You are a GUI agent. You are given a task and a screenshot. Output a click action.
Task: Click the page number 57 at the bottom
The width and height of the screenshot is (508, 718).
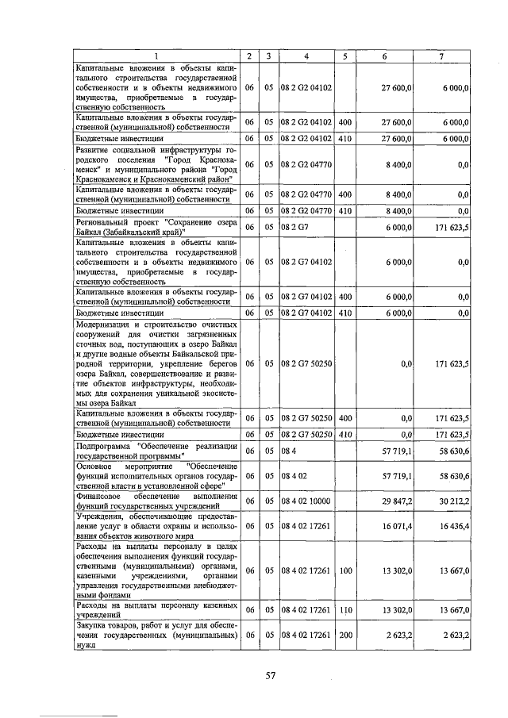click(x=270, y=676)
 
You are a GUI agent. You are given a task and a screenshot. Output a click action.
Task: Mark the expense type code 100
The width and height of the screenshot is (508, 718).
click(x=345, y=570)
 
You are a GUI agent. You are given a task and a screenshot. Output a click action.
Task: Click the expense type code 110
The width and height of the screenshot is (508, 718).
click(x=345, y=610)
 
